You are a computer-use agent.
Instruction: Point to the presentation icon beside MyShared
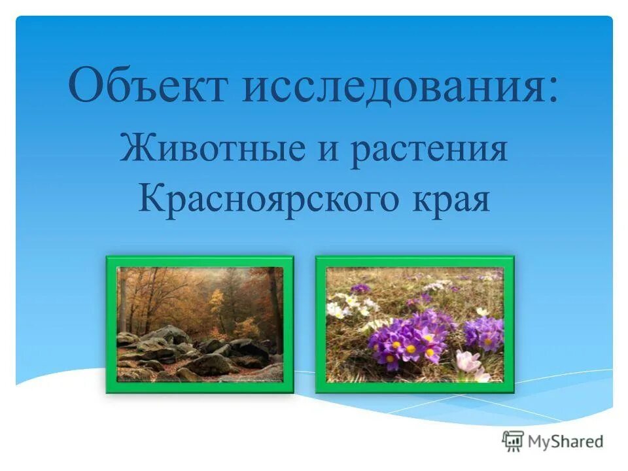(x=514, y=441)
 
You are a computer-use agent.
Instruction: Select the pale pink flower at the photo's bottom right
(x=471, y=364)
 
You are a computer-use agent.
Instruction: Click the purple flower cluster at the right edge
(x=485, y=331)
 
